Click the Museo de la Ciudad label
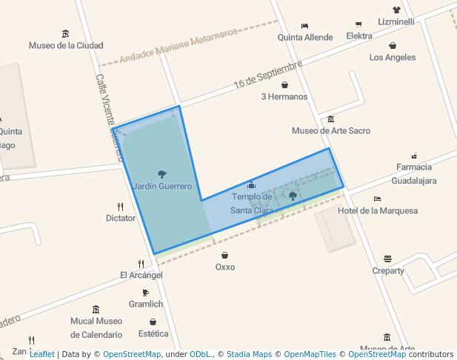click(66, 45)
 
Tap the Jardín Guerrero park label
click(162, 186)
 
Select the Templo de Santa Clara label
click(251, 203)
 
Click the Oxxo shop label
click(224, 267)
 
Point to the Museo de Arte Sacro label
click(330, 131)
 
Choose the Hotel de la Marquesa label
click(377, 210)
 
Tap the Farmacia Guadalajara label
click(414, 173)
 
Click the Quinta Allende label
click(304, 37)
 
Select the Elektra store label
click(359, 36)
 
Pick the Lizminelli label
click(396, 21)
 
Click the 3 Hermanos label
click(284, 96)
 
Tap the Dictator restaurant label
click(121, 218)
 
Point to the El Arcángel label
click(141, 275)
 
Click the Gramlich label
click(145, 304)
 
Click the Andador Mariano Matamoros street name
click(179, 47)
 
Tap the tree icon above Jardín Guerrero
click(162, 174)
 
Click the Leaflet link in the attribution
click(41, 355)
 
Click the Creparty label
click(388, 270)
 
